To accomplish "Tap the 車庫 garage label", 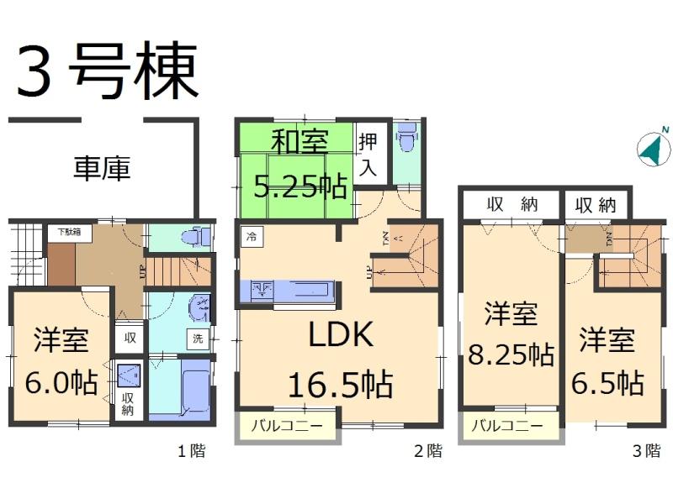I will (x=102, y=170).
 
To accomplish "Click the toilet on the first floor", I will (x=198, y=237).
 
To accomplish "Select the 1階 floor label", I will (x=190, y=451).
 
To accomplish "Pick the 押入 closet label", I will (x=368, y=154).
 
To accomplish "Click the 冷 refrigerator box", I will (x=251, y=236).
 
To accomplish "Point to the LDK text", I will (x=340, y=336).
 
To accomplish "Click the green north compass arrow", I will (x=649, y=149).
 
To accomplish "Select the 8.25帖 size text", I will (x=511, y=355).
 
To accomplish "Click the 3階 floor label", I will (x=646, y=451).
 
